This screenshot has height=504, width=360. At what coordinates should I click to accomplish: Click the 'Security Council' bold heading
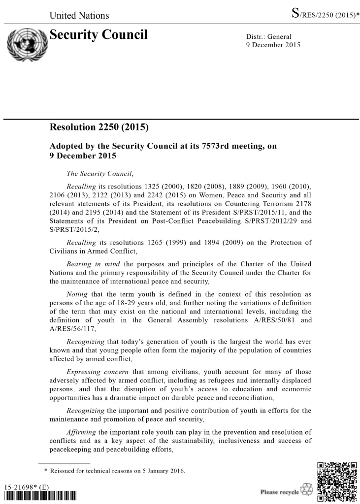coord(98,35)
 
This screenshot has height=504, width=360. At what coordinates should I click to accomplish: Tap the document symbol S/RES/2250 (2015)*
coord(326,15)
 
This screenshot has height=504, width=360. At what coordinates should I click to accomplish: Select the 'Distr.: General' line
coord(268,37)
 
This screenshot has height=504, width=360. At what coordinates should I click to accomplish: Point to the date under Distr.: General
coord(272,45)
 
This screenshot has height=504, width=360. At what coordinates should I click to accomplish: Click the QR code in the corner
coord(337,482)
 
